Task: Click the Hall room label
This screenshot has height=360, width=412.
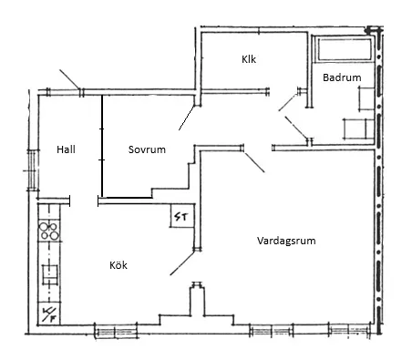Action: pyautogui.click(x=66, y=149)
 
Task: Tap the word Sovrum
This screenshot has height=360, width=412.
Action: pyautogui.click(x=147, y=149)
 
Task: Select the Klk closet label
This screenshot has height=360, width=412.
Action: pyautogui.click(x=249, y=59)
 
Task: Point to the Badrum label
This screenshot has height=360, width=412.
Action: pyautogui.click(x=342, y=77)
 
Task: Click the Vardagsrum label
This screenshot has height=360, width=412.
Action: pyautogui.click(x=286, y=241)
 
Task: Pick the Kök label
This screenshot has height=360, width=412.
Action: pyautogui.click(x=118, y=265)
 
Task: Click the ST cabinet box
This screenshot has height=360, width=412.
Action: pyautogui.click(x=181, y=216)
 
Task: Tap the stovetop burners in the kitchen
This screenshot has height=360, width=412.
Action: pyautogui.click(x=49, y=231)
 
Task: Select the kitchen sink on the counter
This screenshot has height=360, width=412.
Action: pyautogui.click(x=49, y=274)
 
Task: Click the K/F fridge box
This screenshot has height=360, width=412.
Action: pyautogui.click(x=48, y=314)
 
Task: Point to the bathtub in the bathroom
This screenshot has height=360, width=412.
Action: pyautogui.click(x=345, y=49)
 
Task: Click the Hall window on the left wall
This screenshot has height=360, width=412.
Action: pyautogui.click(x=32, y=170)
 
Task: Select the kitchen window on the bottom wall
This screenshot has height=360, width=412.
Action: pyautogui.click(x=116, y=331)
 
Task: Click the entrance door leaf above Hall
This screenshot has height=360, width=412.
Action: pyautogui.click(x=70, y=79)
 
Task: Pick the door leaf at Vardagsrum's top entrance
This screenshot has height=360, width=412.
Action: pyautogui.click(x=254, y=162)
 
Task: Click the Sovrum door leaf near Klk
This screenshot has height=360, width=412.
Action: pyautogui.click(x=187, y=118)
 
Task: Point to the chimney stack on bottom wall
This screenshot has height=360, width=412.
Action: pyautogui.click(x=197, y=299)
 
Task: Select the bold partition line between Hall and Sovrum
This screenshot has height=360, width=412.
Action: pyautogui.click(x=102, y=146)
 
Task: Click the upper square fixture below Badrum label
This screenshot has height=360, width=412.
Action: pyautogui.click(x=366, y=98)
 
